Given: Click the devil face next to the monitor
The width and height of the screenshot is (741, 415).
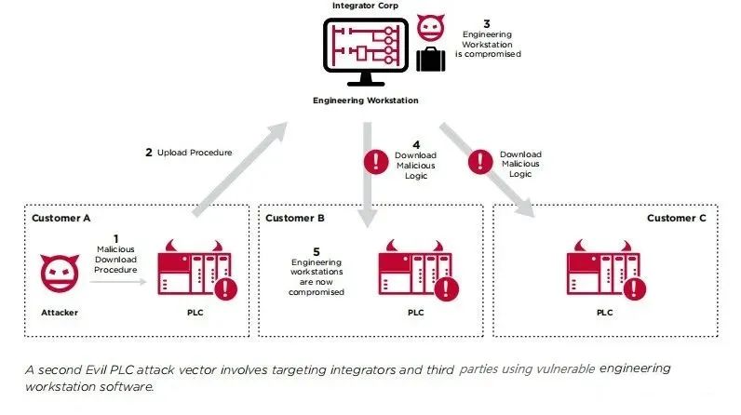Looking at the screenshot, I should tap(430, 28).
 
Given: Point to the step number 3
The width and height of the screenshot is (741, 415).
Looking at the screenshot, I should tap(486, 21).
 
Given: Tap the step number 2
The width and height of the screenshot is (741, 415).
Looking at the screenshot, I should tap(149, 152).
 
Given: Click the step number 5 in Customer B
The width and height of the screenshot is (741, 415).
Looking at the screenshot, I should tap(317, 251).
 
